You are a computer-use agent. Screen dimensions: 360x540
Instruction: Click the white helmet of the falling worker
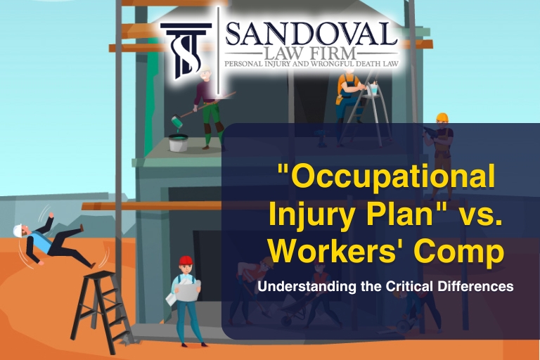tap(20, 229)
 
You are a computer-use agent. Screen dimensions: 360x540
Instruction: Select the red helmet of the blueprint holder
tap(186, 261)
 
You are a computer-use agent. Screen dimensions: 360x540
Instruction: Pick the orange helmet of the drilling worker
tap(442, 117)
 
